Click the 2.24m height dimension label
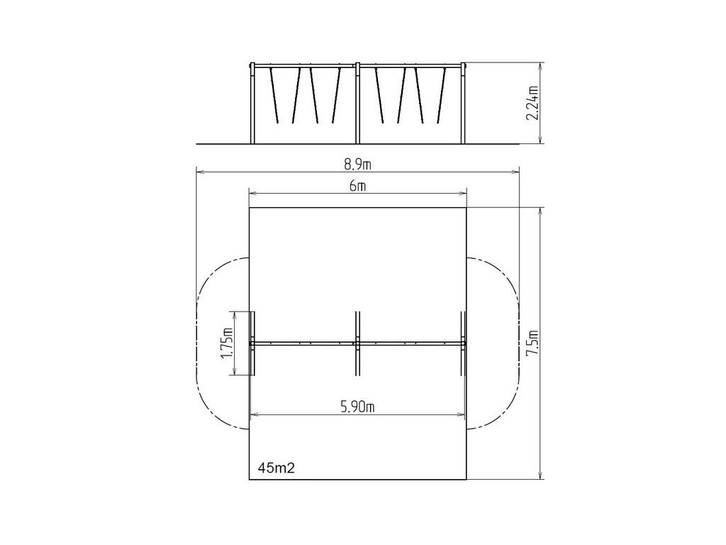pyautogui.click(x=533, y=103)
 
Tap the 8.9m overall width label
pyautogui.click(x=357, y=165)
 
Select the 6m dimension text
pyautogui.click(x=357, y=186)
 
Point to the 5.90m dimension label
pyautogui.click(x=357, y=407)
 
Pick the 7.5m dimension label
pyautogui.click(x=533, y=343)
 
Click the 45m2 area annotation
pyautogui.click(x=277, y=468)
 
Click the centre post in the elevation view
pyautogui.click(x=357, y=103)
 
